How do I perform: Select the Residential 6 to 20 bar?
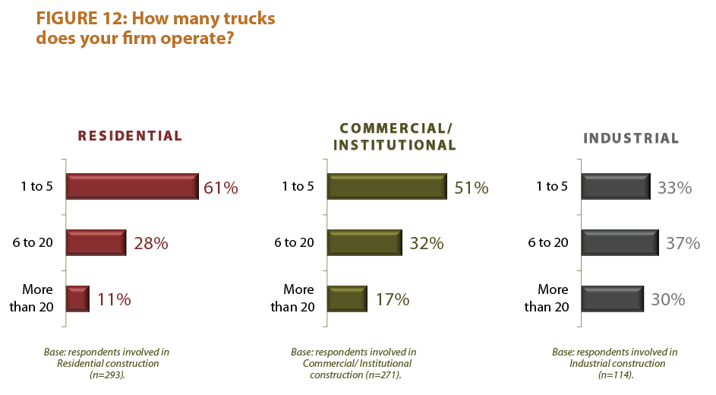[96, 243]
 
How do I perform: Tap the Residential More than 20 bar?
[77, 299]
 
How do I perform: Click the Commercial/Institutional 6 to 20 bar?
[364, 243]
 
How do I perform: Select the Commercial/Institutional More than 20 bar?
[347, 299]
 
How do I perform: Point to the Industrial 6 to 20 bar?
[620, 243]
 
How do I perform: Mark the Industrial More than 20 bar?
[612, 299]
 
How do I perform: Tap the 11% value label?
[114, 300]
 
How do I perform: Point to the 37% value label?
[683, 244]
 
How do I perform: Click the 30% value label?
[668, 300]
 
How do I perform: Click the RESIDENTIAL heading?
[131, 137]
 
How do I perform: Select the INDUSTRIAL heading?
[630, 138]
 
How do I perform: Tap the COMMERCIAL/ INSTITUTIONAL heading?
[397, 137]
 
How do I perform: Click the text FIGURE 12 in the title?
[80, 18]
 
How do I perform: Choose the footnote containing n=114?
[614, 363]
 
